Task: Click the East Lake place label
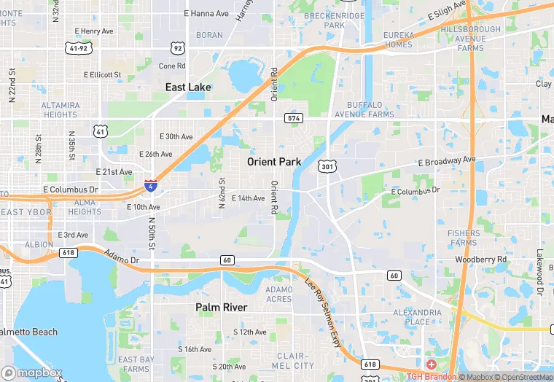pos(188,87)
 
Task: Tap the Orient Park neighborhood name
pos(275,161)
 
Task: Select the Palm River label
pos(221,308)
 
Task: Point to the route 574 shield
pos(294,118)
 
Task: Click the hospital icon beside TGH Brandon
pos(432,364)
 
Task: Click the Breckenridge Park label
pos(335,20)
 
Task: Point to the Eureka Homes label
pos(399,40)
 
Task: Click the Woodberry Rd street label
pos(480,260)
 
